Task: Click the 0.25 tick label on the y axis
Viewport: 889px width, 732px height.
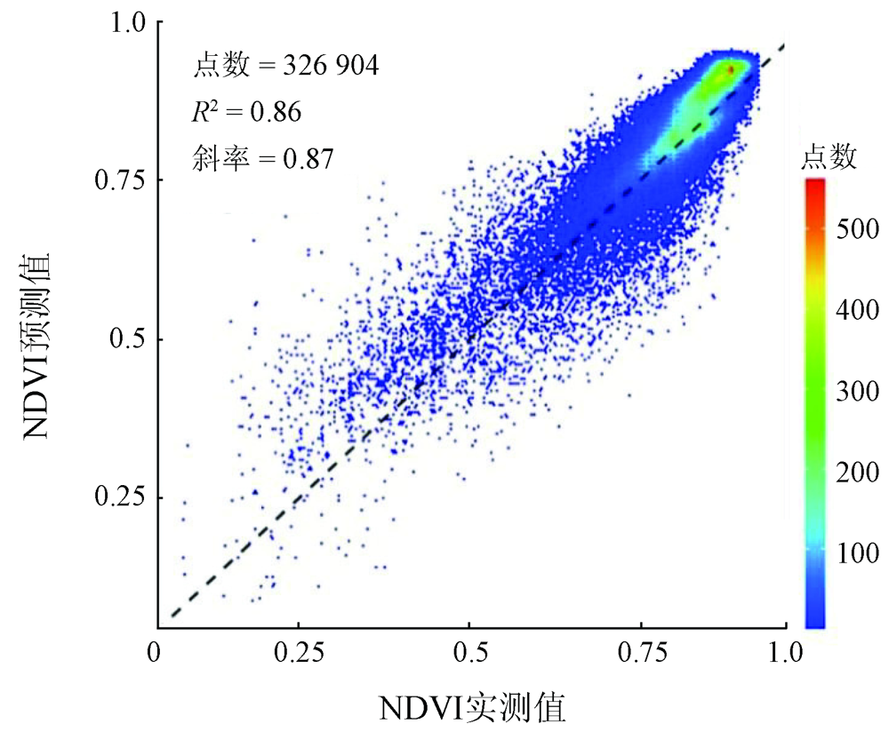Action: (118, 497)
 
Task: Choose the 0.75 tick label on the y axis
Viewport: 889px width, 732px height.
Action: (118, 180)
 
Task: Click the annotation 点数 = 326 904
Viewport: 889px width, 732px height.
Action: (286, 66)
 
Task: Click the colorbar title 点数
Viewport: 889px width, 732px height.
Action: (829, 158)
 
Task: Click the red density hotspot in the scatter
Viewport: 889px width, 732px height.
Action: (730, 68)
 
